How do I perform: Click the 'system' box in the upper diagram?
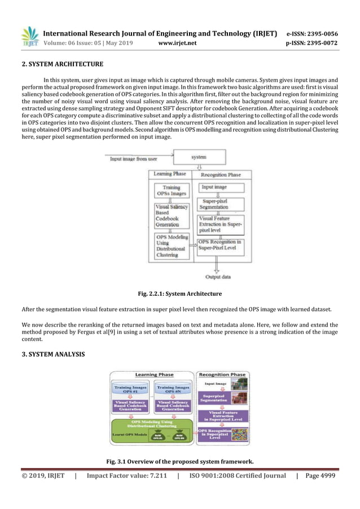(199, 156)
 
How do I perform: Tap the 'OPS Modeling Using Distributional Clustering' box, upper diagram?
(169, 245)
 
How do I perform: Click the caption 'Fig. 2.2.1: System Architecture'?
(180, 293)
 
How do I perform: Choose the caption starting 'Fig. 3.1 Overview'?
(179, 462)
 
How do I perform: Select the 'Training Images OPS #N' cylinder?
(173, 390)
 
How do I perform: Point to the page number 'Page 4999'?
(320, 476)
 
